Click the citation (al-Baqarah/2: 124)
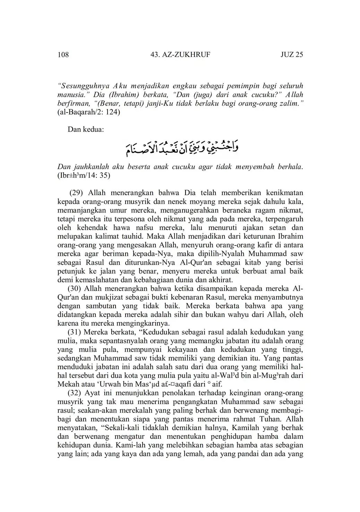(x=89, y=112)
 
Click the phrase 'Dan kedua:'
(x=86, y=129)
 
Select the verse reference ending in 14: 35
(x=84, y=175)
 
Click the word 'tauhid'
(x=134, y=236)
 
